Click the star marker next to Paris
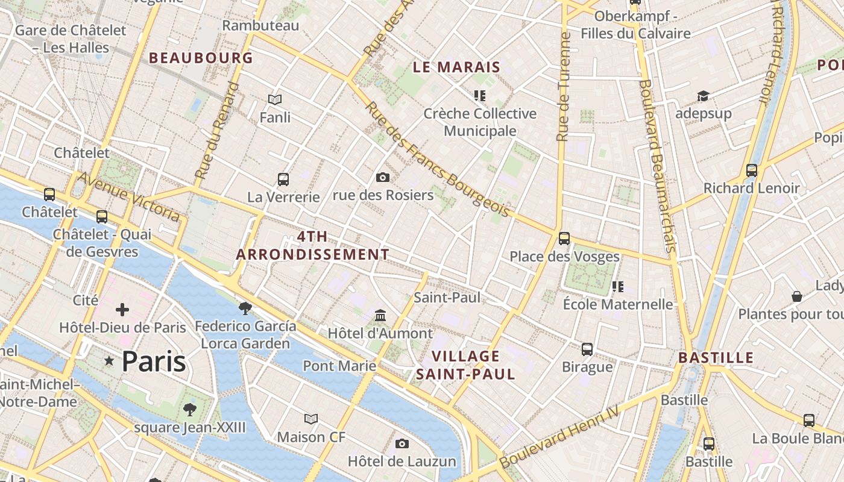[x=109, y=361]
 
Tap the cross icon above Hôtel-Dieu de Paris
[x=122, y=310]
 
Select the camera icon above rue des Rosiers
[x=382, y=177]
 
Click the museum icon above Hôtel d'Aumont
[x=380, y=315]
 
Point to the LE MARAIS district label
[x=456, y=67]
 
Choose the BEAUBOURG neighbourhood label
[x=201, y=58]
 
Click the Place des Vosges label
[x=564, y=257]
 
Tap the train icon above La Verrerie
[x=283, y=179]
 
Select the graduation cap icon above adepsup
[x=703, y=96]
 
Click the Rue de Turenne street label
[x=564, y=87]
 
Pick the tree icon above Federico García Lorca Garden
[x=245, y=308]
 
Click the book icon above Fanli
[x=275, y=99]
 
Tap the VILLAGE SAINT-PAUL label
[x=466, y=365]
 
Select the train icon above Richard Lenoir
[x=751, y=170]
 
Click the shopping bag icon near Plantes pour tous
[x=797, y=296]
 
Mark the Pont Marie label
[x=339, y=366]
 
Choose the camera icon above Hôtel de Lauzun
[x=402, y=444]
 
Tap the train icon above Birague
[x=587, y=349]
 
